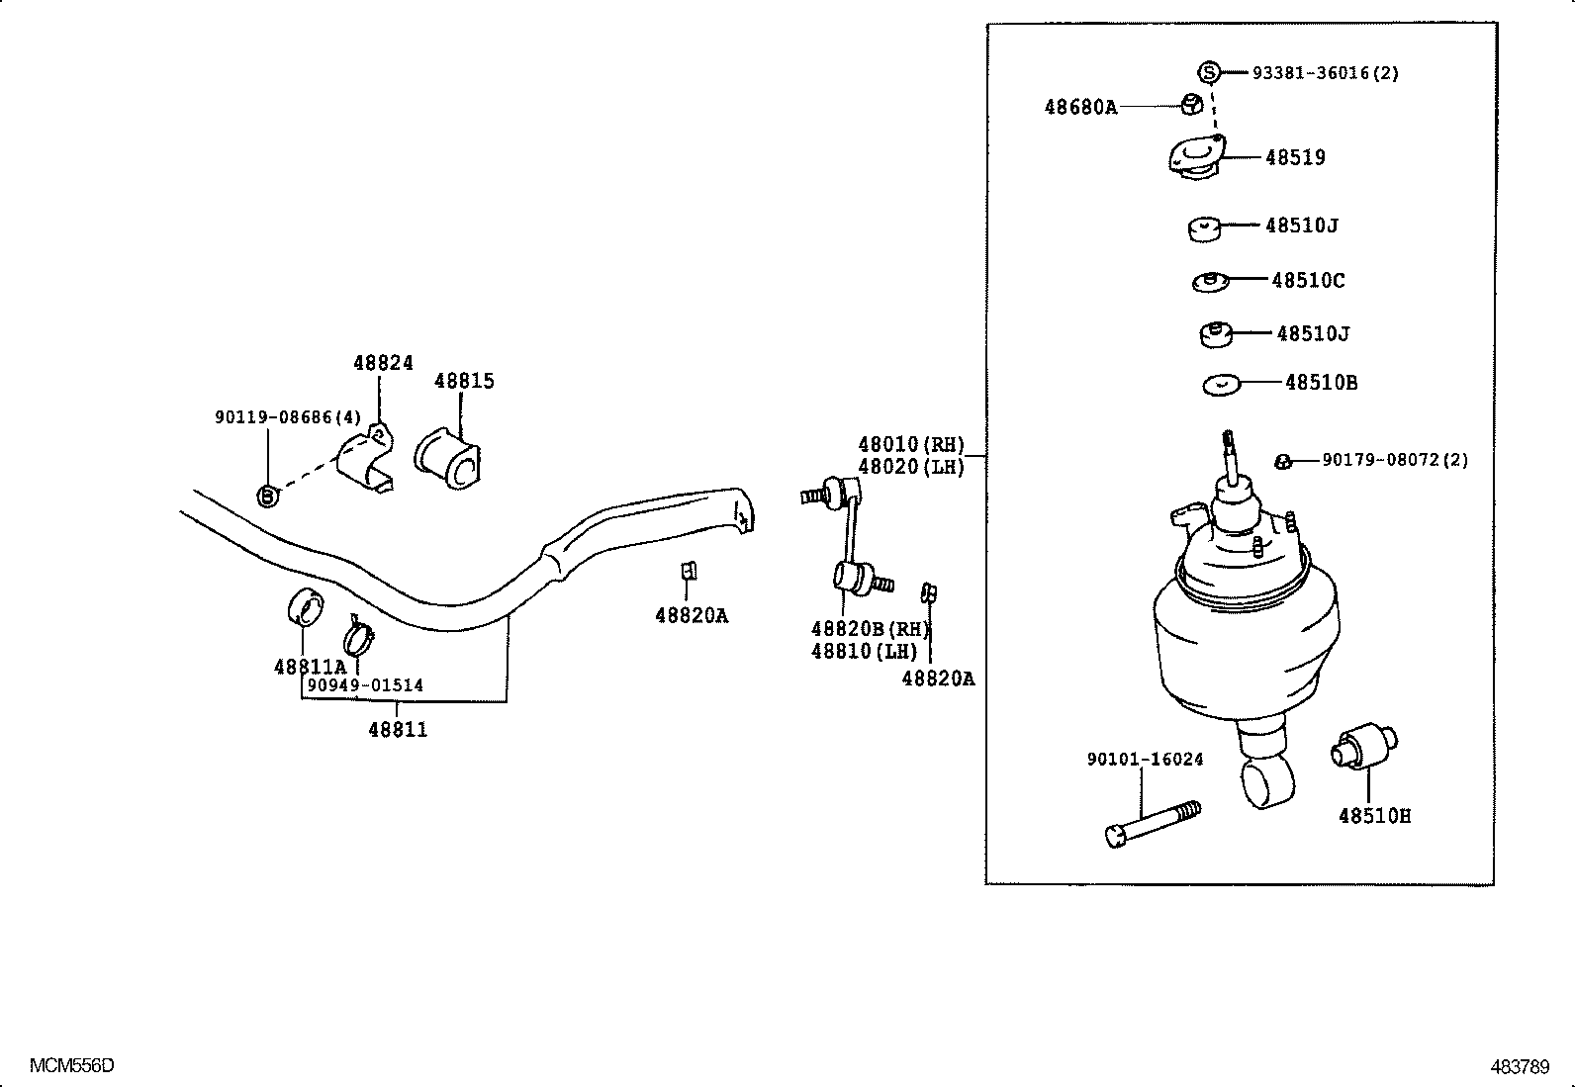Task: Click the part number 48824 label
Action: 383,363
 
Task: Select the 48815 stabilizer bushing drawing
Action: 448,458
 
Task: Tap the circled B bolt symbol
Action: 267,496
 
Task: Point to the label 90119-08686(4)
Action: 288,417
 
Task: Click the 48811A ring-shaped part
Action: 305,606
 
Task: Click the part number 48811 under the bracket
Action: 398,730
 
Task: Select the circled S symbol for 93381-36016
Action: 1208,71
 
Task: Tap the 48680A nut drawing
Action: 1193,103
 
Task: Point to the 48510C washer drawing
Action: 1209,282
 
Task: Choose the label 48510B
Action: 1321,383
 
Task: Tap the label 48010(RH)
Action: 910,445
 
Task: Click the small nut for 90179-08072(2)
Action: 1282,461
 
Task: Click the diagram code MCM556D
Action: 71,1065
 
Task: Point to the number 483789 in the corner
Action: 1520,1066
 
